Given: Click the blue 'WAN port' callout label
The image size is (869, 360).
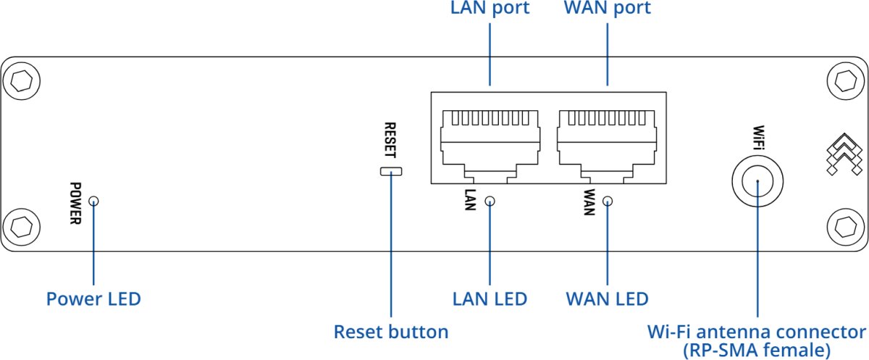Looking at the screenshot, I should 607,9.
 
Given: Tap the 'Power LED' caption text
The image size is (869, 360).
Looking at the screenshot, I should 93,298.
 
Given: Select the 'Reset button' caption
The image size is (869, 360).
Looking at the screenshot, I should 391,332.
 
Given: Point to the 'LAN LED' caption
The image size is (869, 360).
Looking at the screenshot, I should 490,298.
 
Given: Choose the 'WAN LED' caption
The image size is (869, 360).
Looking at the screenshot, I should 607,298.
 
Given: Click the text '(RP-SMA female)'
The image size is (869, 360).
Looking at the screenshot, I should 757,351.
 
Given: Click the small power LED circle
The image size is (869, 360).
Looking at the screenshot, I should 93,201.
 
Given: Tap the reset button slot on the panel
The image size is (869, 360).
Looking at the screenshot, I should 391,172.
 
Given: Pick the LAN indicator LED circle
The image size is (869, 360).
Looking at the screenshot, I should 490,201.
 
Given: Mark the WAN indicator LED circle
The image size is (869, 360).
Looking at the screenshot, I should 607,201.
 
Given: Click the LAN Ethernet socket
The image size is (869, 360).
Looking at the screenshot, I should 490,141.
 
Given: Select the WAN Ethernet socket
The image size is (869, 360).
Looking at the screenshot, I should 607,141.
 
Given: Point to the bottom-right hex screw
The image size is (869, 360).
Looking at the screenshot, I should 845,227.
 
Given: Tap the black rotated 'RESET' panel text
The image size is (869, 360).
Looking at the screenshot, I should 391,141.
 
